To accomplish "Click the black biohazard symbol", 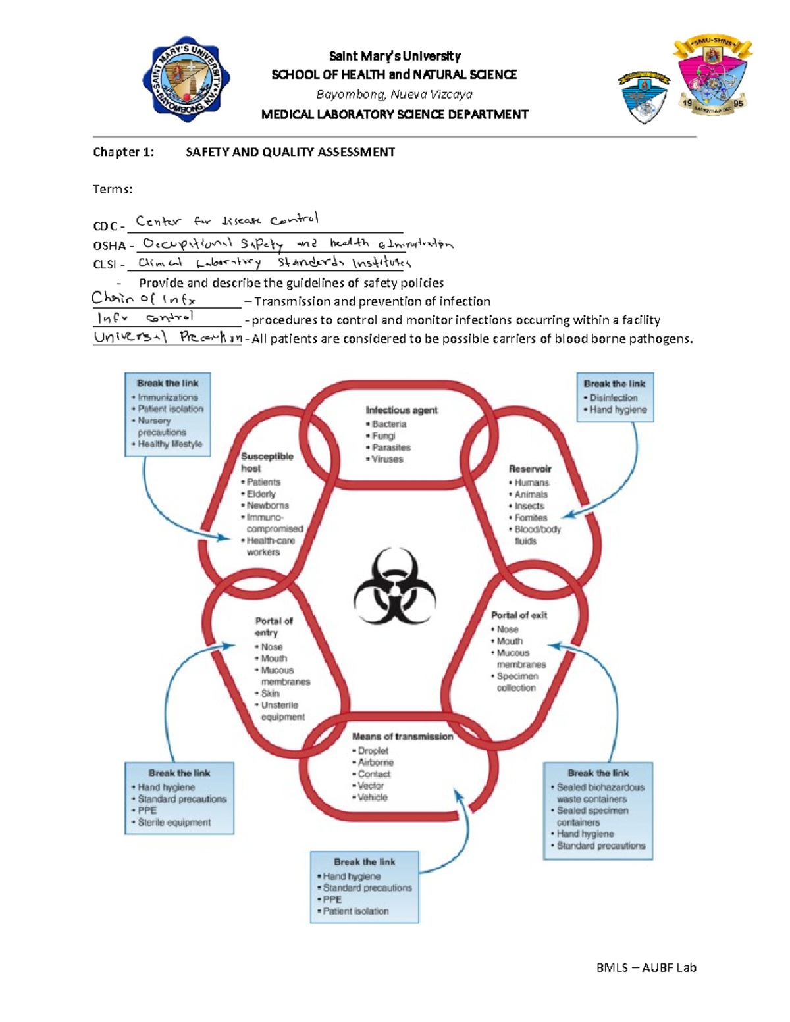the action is (395, 586).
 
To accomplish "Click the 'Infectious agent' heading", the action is (402, 410).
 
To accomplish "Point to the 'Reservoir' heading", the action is (530, 469).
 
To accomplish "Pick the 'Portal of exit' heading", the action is (519, 615).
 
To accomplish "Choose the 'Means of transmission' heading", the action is (402, 736).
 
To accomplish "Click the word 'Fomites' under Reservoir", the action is (531, 518).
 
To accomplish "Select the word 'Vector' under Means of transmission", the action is (371, 786).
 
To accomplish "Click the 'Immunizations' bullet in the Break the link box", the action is (168, 397).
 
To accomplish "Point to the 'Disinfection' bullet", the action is (614, 398).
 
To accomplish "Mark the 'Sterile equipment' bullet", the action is (174, 823).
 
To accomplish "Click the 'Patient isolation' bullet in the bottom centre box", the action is (355, 911).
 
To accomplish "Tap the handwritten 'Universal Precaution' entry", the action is (167, 338).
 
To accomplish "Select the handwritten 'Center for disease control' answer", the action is (227, 220).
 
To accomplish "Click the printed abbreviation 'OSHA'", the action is (109, 246).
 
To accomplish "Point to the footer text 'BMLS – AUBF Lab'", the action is (646, 967).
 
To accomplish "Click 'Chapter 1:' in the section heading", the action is (124, 152).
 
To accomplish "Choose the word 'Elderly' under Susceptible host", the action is (261, 494).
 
